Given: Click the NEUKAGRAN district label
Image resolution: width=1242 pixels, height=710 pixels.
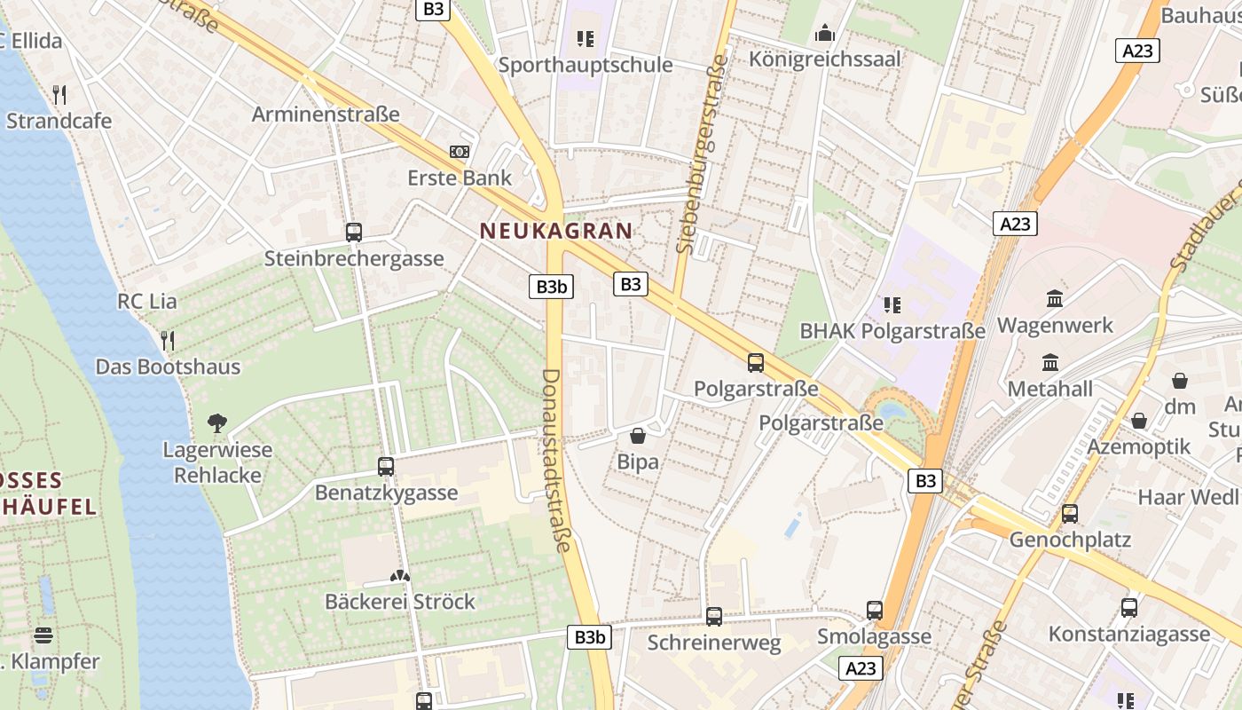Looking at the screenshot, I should click(x=556, y=232).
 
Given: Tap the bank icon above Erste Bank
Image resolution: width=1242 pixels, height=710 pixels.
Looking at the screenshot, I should click(x=460, y=152).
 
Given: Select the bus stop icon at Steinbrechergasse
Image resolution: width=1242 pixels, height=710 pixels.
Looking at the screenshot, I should click(x=354, y=233).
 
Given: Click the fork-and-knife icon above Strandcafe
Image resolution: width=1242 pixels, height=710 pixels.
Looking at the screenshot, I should click(x=59, y=94).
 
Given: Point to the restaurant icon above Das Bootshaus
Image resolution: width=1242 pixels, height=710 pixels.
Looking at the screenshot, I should click(x=168, y=340).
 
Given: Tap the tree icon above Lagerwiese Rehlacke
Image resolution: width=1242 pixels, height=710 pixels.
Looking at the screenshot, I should click(x=217, y=422).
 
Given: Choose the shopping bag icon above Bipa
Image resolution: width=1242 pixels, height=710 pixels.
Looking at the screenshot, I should click(x=638, y=436).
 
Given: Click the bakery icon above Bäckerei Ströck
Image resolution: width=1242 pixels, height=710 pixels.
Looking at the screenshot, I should click(x=400, y=576).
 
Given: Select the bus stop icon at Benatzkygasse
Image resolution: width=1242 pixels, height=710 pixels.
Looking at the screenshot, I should click(x=386, y=466).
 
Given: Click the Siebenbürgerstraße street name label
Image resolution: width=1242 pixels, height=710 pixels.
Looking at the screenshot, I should click(x=702, y=153).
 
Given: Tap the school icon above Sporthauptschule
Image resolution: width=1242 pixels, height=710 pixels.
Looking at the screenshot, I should click(x=585, y=38).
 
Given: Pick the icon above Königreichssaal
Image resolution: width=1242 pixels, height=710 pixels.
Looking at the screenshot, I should click(x=825, y=33).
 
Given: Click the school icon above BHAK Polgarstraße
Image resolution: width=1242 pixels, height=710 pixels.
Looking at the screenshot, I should click(x=892, y=305).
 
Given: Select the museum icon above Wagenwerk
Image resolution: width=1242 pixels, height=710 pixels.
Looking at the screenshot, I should click(x=1055, y=299).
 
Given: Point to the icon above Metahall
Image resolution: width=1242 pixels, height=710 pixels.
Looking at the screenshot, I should click(x=1050, y=362).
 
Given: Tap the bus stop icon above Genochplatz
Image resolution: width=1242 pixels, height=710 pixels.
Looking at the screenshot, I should click(x=1070, y=513).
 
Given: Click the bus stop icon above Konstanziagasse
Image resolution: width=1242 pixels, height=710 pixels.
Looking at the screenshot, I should click(x=1128, y=608).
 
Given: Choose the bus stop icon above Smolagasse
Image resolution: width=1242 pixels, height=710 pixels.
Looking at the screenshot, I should click(x=875, y=611).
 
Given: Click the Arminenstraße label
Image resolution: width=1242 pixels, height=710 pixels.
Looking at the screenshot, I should click(x=326, y=114).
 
